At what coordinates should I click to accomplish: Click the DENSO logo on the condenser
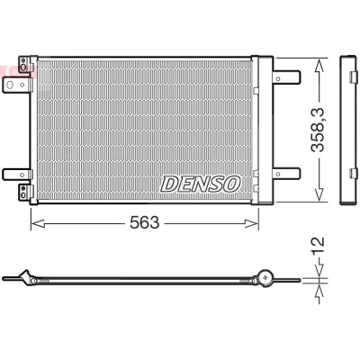click(x=201, y=184)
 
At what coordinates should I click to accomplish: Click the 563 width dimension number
click(x=144, y=222)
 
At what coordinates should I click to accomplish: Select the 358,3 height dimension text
click(x=318, y=130)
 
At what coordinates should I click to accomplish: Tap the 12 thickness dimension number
click(x=319, y=246)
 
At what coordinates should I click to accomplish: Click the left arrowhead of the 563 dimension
click(x=38, y=223)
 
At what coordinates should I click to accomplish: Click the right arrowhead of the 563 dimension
click(x=251, y=223)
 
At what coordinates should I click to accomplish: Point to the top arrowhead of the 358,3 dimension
click(x=319, y=66)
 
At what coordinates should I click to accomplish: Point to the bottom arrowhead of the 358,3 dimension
click(x=319, y=193)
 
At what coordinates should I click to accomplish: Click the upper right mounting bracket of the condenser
click(x=286, y=77)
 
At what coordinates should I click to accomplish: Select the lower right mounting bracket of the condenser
click(x=286, y=174)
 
